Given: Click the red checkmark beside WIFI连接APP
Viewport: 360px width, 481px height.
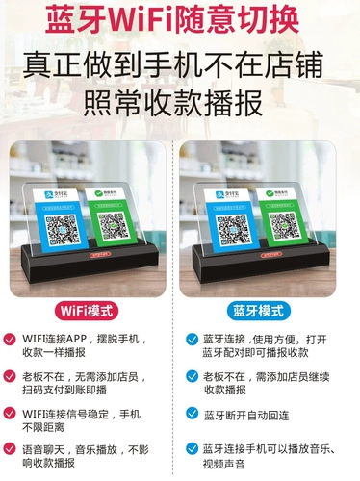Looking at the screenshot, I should (11, 339).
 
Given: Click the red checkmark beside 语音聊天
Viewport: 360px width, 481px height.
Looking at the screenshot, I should (11, 449).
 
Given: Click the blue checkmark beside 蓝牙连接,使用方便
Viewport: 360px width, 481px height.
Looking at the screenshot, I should (192, 339).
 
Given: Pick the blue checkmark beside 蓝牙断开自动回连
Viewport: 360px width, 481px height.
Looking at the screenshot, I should (192, 414).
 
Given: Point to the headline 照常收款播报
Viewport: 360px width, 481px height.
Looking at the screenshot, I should (180, 96).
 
